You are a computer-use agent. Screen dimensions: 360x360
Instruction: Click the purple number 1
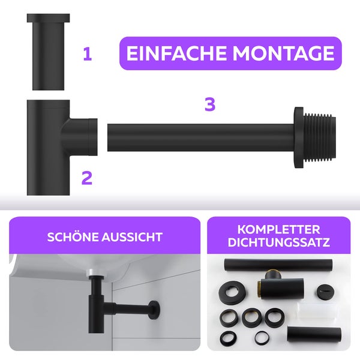click(88, 55)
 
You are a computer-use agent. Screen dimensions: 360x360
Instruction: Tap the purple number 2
click(87, 178)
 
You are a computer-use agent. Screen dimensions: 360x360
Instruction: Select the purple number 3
click(209, 104)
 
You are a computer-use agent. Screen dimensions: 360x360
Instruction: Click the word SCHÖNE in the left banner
click(73, 237)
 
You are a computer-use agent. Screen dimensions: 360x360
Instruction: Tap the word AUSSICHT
click(132, 237)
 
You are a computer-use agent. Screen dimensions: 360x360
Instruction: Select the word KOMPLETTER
click(278, 230)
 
